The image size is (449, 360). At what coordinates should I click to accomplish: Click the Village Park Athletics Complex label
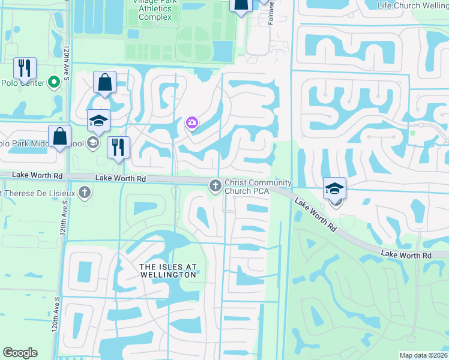pos(154,10)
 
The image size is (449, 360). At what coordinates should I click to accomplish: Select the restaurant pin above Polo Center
pos(25,69)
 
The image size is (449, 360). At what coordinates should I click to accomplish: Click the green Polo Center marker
pos(53,82)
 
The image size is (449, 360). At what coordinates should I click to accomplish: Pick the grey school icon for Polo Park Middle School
pos(93,143)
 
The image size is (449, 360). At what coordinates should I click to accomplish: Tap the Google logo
pos(20,353)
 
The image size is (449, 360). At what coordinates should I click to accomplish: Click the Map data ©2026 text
pos(423,355)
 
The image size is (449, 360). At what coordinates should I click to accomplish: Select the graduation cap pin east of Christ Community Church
pos(334,188)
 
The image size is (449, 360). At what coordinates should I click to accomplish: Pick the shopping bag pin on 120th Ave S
pos(61,136)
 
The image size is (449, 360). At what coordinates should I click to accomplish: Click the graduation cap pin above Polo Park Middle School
pos(98,121)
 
